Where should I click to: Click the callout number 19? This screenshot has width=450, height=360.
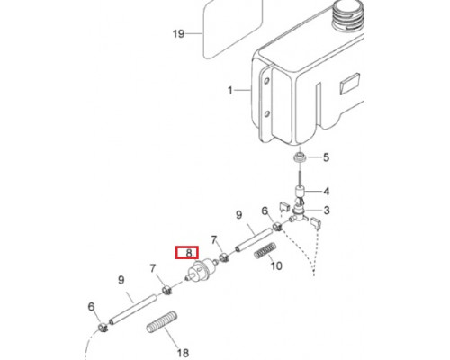(178, 33)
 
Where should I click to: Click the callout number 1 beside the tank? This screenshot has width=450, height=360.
(230, 90)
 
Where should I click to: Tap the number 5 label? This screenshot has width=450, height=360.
(326, 157)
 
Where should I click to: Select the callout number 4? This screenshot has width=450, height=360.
(326, 191)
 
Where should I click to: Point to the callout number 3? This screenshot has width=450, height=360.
(327, 210)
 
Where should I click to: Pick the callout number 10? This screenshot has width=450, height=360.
(276, 265)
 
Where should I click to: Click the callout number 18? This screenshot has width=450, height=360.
(183, 353)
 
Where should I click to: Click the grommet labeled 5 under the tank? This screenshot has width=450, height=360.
(299, 157)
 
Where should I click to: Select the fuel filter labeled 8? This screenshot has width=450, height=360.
(201, 268)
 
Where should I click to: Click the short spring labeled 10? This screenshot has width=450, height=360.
(265, 250)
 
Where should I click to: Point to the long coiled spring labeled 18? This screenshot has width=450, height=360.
(162, 321)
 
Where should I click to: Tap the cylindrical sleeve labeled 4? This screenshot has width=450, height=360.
(301, 191)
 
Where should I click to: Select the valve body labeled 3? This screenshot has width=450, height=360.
(299, 212)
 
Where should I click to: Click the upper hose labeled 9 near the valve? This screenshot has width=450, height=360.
(254, 240)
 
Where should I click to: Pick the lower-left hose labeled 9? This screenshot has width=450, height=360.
(133, 310)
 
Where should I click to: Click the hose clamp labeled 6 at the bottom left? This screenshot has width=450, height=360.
(103, 328)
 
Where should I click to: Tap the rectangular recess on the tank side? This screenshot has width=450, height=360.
(349, 84)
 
